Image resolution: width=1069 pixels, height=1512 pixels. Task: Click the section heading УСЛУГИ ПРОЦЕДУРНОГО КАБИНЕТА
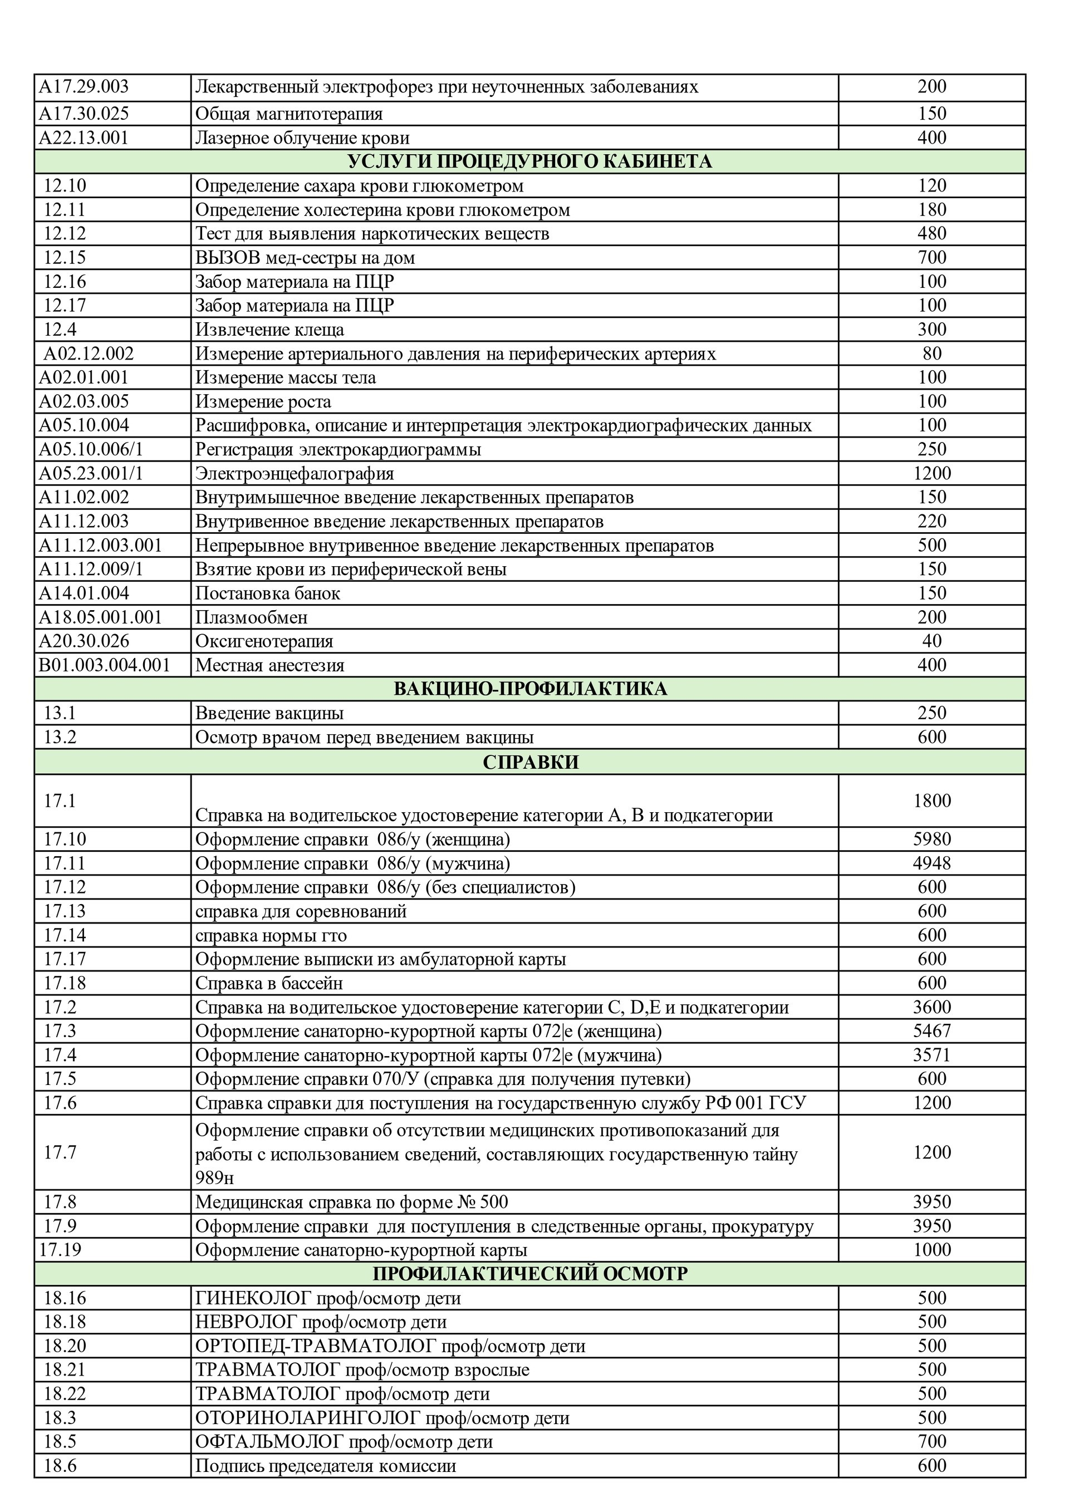(x=529, y=161)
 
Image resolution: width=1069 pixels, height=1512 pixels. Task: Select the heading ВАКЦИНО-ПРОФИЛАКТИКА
(x=529, y=689)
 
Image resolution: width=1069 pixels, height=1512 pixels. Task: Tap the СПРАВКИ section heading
(x=529, y=762)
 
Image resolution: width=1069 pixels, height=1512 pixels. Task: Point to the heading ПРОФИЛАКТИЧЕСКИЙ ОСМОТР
(x=529, y=1274)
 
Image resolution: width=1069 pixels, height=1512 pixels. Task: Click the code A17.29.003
(x=84, y=87)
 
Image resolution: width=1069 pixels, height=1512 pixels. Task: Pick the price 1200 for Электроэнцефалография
(x=931, y=474)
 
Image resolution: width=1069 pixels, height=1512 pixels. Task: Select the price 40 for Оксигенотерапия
(x=931, y=641)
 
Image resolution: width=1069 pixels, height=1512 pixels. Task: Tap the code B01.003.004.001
(x=105, y=665)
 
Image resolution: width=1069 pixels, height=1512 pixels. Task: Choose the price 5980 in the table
(x=931, y=839)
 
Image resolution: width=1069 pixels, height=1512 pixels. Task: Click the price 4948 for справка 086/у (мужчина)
(x=931, y=863)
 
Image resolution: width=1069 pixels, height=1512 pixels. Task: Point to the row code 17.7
(x=60, y=1152)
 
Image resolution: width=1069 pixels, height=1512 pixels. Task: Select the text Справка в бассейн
(x=269, y=983)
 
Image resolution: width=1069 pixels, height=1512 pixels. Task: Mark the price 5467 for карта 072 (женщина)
(x=931, y=1030)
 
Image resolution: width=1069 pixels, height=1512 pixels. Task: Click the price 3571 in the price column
(x=931, y=1055)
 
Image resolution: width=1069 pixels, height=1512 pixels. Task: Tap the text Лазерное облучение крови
(x=302, y=138)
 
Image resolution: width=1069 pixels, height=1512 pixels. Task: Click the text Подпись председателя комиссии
(x=325, y=1466)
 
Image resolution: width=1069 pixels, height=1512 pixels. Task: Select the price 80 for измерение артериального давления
(x=931, y=354)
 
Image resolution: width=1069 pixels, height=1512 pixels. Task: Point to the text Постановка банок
(x=267, y=593)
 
